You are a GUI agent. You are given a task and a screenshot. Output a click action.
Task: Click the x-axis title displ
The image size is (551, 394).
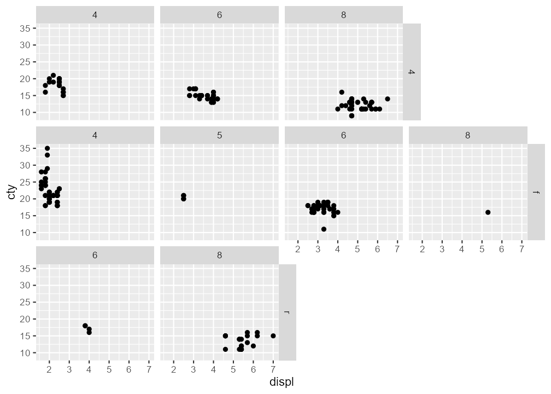282,382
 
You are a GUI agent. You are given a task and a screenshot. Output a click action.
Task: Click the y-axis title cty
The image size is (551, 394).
12,192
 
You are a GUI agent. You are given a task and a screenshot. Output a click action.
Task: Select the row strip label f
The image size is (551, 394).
536,192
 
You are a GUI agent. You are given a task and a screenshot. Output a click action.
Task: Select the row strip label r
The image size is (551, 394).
287,312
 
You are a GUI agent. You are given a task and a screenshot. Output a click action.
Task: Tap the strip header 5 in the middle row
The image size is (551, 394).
219,135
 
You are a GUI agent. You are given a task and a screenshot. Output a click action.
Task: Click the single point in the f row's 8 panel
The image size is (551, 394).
488,212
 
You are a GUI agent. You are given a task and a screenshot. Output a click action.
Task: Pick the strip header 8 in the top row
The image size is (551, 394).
343,15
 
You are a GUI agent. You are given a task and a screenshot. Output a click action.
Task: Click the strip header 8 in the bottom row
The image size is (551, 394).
219,255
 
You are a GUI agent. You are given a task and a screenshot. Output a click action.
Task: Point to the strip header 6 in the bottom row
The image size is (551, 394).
95,255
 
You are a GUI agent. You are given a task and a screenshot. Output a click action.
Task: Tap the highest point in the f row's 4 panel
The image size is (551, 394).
48,148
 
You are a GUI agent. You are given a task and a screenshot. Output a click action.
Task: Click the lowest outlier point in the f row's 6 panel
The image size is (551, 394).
324,229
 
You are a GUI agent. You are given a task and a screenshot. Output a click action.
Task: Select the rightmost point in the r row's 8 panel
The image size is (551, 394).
273,336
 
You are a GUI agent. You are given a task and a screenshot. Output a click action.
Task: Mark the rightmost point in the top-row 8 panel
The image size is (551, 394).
388,99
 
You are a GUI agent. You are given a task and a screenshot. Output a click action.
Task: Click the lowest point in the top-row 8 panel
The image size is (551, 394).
351,115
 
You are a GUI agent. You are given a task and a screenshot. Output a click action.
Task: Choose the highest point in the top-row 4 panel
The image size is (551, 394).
53,76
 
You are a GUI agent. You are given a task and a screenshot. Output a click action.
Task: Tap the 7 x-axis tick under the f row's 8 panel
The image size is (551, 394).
521,250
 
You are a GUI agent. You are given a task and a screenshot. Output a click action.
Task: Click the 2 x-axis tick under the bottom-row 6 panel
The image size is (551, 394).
49,370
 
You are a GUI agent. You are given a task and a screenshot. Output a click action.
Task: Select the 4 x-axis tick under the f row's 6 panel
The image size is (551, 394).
337,250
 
